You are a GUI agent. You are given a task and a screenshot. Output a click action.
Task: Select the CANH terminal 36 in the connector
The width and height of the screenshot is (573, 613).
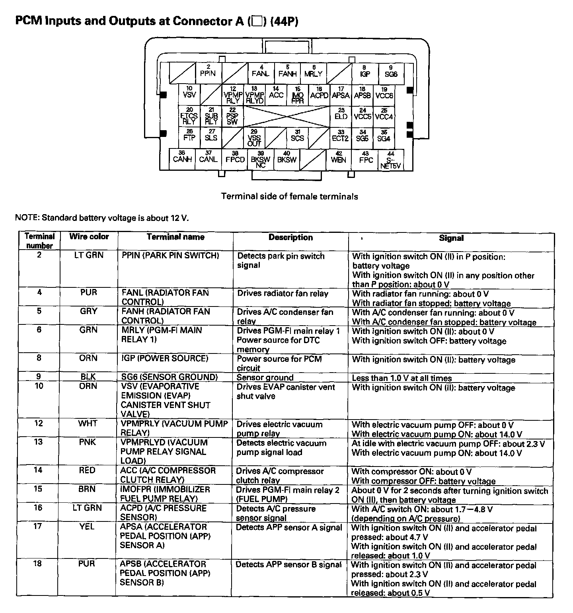pos(183,159)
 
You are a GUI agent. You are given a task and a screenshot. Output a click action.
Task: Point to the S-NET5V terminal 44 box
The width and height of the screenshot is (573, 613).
pos(390,160)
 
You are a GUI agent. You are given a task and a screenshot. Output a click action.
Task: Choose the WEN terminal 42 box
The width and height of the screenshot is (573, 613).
pos(339,159)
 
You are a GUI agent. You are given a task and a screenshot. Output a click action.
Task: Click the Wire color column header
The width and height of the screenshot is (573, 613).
pos(89,236)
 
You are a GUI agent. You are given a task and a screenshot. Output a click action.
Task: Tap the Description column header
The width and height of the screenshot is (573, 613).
pos(290,237)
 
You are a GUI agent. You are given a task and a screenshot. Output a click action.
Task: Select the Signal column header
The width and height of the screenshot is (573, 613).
pos(451,238)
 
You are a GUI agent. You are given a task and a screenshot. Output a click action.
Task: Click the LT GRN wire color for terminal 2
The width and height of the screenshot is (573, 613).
pos(89,255)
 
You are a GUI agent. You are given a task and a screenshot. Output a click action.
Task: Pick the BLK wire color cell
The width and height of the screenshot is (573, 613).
pos(88,377)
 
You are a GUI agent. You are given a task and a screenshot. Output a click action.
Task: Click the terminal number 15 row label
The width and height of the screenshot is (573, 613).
pos(38,489)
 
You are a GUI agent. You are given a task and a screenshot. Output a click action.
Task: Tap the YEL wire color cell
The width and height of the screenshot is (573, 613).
pos(87,526)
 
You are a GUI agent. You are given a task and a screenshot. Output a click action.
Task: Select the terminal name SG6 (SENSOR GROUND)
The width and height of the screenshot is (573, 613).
pos(170,377)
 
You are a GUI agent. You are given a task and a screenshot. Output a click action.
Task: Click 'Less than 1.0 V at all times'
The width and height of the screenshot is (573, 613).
pos(402,378)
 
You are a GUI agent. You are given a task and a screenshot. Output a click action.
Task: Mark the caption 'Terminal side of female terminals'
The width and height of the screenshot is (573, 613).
pos(289,196)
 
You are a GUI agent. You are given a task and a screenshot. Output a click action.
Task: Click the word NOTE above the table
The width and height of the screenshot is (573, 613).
pos(26,218)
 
